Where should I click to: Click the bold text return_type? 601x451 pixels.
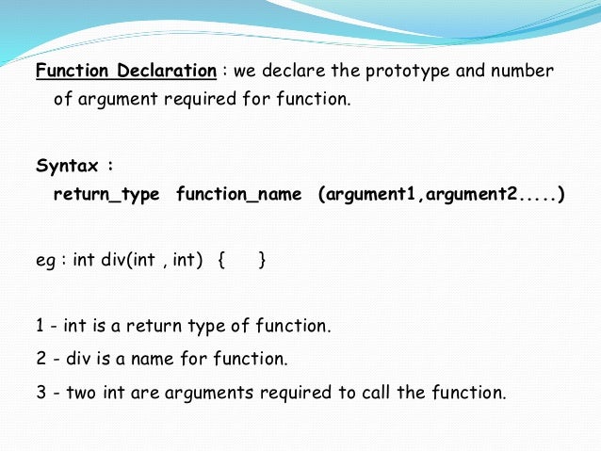tap(107, 195)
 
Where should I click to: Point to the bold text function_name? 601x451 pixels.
tap(239, 195)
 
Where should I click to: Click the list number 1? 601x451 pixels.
tap(41, 327)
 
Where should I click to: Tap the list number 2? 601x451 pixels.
tap(41, 359)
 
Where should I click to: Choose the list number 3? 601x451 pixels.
tap(41, 392)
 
